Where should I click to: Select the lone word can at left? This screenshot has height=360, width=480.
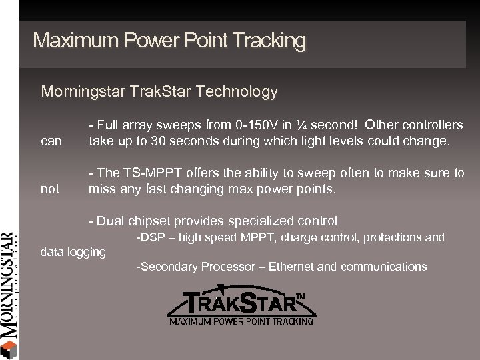click(51, 141)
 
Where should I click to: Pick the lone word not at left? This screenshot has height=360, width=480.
click(50, 189)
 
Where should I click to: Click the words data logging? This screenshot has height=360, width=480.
click(73, 252)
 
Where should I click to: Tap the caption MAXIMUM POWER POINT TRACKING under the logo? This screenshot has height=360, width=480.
click(241, 321)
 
